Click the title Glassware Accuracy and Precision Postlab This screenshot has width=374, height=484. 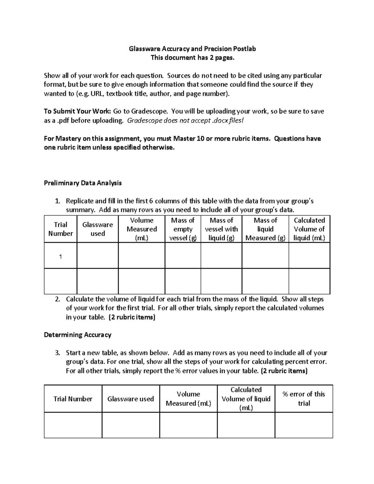pyautogui.click(x=192, y=49)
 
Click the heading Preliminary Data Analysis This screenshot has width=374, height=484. pyautogui.click(x=83, y=183)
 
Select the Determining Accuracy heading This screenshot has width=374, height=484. pyautogui.click(x=78, y=335)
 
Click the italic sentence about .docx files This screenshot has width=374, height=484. pyautogui.click(x=185, y=121)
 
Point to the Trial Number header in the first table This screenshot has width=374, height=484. pyautogui.click(x=60, y=229)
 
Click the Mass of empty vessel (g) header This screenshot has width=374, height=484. pyautogui.click(x=183, y=229)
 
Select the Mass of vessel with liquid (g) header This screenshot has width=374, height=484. pyautogui.click(x=221, y=229)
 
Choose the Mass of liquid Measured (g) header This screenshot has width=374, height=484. pyautogui.click(x=265, y=229)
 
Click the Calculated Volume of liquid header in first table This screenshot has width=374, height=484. pyautogui.click(x=309, y=229)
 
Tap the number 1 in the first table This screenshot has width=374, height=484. pyautogui.click(x=60, y=256)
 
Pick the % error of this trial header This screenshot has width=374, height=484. pyautogui.click(x=304, y=399)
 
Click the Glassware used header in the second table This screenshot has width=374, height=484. pyautogui.click(x=131, y=399)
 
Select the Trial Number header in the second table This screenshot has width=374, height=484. pyautogui.click(x=73, y=399)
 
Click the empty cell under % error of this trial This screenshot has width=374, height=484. pyautogui.click(x=304, y=425)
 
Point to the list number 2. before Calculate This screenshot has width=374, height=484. pyautogui.click(x=57, y=299)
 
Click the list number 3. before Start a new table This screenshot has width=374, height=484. pyautogui.click(x=57, y=353)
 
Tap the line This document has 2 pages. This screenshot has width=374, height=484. pyautogui.click(x=192, y=58)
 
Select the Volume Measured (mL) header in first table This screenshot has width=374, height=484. pyautogui.click(x=141, y=229)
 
